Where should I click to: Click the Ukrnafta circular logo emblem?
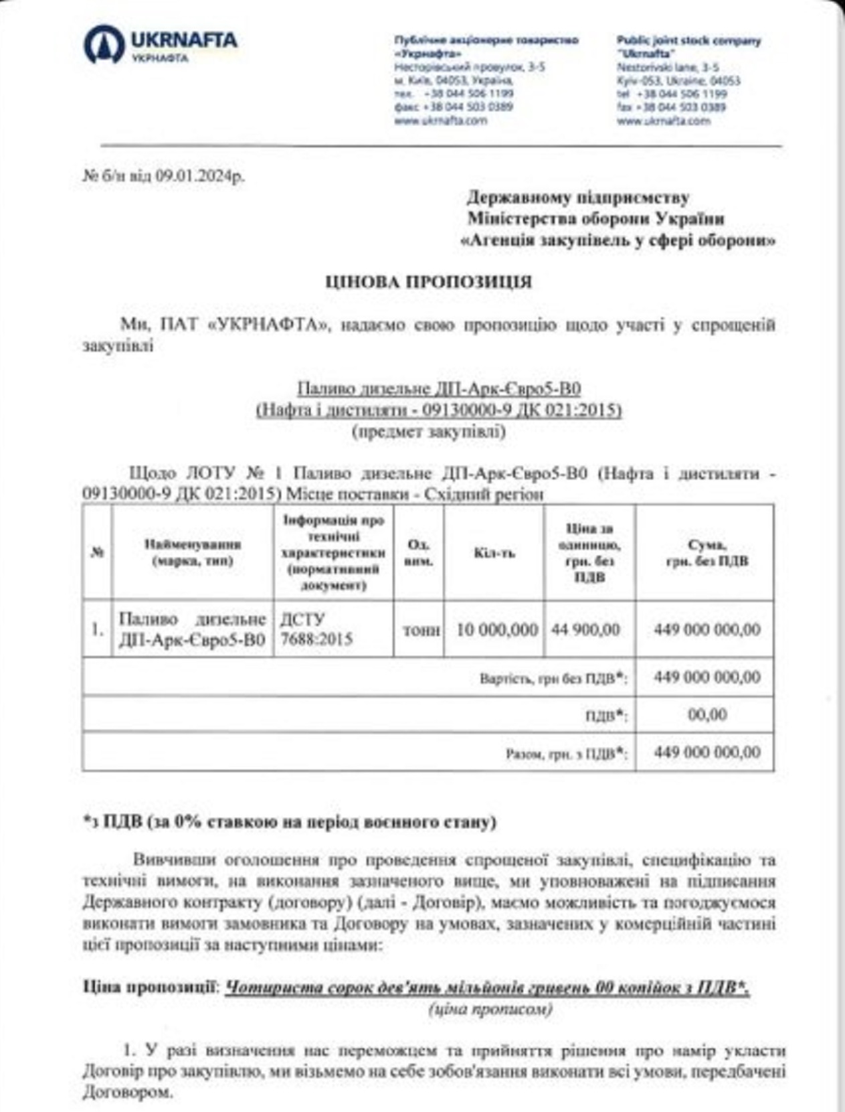coord(104,44)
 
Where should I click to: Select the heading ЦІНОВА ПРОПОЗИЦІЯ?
coord(428,282)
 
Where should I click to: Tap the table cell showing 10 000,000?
coord(496,629)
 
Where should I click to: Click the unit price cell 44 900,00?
coord(586,629)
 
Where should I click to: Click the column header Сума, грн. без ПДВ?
coord(707,553)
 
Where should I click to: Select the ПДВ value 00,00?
coord(707,714)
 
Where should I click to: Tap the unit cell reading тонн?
coord(421,629)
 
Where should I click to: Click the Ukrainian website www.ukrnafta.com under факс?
coord(440,121)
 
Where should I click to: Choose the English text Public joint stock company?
coord(688,41)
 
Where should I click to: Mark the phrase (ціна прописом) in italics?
coord(490,1010)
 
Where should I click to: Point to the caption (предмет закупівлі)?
coord(429,432)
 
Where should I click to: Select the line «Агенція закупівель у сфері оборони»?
coord(618,241)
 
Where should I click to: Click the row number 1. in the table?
coord(98,629)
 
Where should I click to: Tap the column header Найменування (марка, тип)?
coord(193,553)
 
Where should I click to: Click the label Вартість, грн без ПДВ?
coord(553,678)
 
